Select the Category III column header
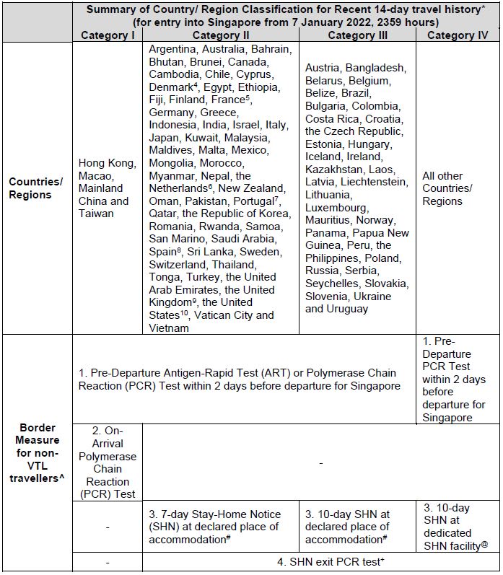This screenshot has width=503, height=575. coord(357,35)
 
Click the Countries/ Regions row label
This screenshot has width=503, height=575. coord(35,188)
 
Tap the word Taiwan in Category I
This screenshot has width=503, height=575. coord(96,214)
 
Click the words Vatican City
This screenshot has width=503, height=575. coord(227,315)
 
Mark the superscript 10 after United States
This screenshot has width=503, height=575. coord(183,314)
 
